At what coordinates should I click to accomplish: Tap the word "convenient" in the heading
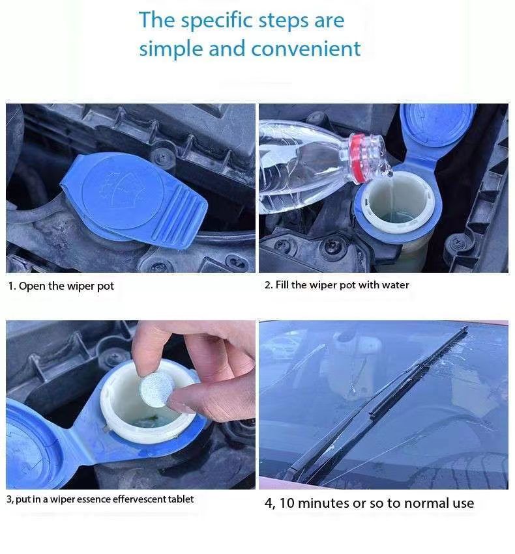[306, 49]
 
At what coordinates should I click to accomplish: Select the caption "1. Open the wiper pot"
[61, 286]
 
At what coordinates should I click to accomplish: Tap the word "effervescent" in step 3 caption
[140, 499]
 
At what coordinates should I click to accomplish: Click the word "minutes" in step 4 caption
[323, 503]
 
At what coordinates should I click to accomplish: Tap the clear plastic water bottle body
[304, 166]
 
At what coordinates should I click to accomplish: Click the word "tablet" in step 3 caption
[181, 499]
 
